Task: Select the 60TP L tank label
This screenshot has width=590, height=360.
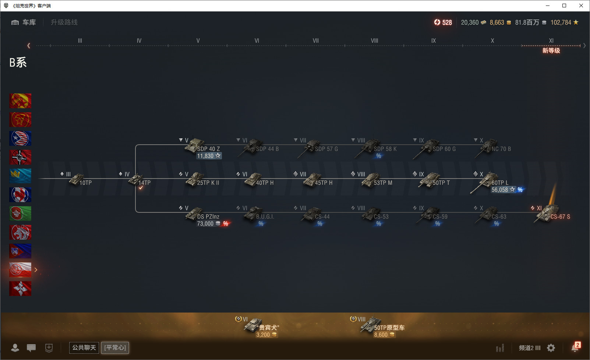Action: (x=500, y=183)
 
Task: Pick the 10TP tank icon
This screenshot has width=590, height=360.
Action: (x=77, y=180)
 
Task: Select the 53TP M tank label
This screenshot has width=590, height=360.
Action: (x=383, y=183)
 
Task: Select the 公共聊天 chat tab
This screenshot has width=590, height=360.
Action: (x=84, y=347)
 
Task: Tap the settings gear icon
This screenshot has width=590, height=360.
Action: (x=551, y=348)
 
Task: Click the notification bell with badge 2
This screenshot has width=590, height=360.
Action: (x=575, y=347)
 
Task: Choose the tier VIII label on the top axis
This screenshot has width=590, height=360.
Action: (x=374, y=40)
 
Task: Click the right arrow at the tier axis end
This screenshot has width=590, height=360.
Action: (x=584, y=46)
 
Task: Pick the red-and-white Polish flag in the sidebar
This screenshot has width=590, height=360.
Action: (x=20, y=270)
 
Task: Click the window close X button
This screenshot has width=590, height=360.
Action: (x=581, y=6)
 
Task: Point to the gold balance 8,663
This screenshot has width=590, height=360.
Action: (x=497, y=22)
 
